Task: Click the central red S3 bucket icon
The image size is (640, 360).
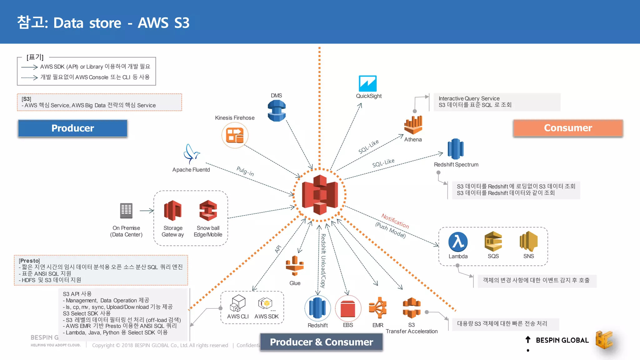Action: [x=320, y=194]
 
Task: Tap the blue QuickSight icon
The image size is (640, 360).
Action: [x=367, y=83]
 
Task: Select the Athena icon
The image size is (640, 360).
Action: [x=413, y=125]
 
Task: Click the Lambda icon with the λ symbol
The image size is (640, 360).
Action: [x=458, y=242]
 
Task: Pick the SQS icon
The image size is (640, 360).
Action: [x=493, y=241]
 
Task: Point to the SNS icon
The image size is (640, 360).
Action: [x=528, y=241]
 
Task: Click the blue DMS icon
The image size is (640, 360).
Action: [x=277, y=111]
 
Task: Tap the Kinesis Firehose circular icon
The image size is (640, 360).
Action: [x=235, y=135]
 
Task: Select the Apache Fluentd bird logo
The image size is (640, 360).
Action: [x=191, y=154]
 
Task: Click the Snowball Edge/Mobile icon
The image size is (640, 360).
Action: [x=208, y=211]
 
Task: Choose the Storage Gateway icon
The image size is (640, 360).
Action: [x=172, y=211]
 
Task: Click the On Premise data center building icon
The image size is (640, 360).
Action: [x=126, y=211]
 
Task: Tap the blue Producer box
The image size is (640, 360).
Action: [x=72, y=128]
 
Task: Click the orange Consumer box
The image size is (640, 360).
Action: [x=568, y=128]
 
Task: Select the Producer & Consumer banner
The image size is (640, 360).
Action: [x=321, y=342]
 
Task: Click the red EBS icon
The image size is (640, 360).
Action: [x=348, y=308]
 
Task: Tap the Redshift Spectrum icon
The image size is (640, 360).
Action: [x=456, y=149]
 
